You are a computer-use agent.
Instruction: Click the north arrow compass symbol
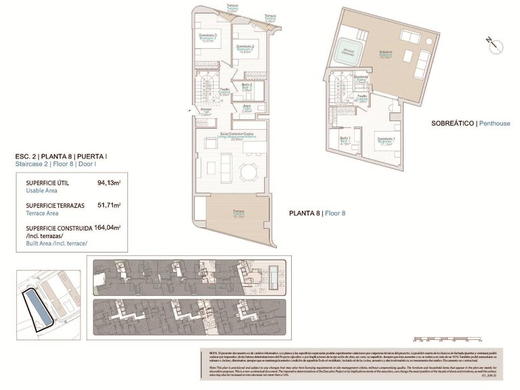tap(492, 45)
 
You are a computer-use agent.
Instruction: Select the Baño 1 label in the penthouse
tap(344, 141)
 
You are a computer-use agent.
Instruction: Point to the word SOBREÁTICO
tap(453, 123)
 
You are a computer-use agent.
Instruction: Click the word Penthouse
tap(496, 123)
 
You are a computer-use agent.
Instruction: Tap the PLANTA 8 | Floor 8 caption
tap(318, 213)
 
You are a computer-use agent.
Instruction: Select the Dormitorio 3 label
tap(207, 37)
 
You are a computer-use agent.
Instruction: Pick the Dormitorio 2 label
tap(244, 48)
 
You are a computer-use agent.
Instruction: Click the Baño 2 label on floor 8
tap(247, 86)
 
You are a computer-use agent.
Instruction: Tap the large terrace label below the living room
tap(238, 214)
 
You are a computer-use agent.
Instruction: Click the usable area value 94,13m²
tap(108, 183)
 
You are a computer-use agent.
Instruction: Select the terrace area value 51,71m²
tap(108, 204)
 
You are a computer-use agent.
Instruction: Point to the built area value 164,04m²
tap(107, 228)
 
